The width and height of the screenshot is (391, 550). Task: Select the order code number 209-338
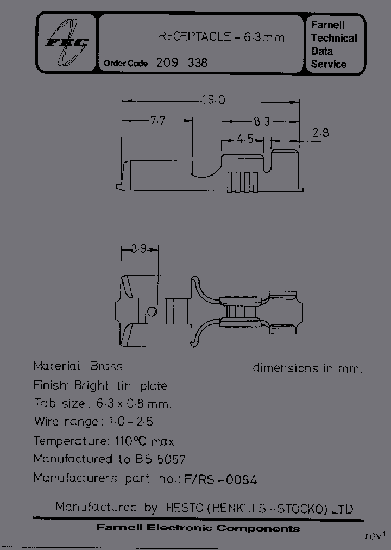(182, 63)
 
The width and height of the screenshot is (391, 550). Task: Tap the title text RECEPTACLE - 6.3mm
(222, 37)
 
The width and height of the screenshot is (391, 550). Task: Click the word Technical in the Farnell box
(334, 38)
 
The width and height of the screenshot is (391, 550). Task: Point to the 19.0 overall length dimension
(213, 100)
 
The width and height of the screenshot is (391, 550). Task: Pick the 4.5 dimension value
(245, 139)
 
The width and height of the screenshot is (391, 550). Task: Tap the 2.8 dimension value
(321, 133)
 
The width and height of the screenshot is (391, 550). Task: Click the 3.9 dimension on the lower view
(139, 249)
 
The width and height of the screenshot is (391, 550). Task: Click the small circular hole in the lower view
(152, 311)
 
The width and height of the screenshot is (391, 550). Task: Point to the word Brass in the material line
(106, 366)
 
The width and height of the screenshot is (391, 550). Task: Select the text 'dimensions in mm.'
(307, 368)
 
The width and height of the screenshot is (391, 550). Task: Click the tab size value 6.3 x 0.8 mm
(133, 404)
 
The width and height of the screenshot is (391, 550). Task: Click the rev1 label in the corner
(374, 535)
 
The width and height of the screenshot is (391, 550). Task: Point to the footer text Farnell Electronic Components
(198, 528)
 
